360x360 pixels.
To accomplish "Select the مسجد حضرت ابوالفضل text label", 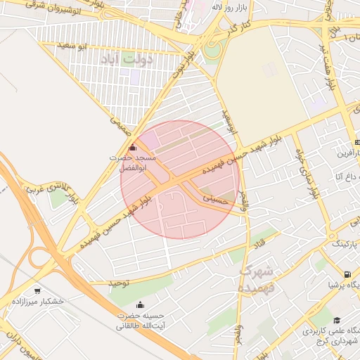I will pyautogui.click(x=127, y=163).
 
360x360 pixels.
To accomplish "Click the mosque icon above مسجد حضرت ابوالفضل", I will pyautogui.click(x=133, y=147).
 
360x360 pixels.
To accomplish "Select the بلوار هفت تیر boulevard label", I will pyautogui.click(x=329, y=67).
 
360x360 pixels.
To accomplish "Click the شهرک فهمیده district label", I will pyautogui.click(x=260, y=279).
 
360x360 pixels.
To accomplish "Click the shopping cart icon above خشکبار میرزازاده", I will pyautogui.click(x=37, y=290).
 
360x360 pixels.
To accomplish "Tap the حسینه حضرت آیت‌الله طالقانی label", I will pyautogui.click(x=141, y=321).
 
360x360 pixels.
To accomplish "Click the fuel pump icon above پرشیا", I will pyautogui.click(x=347, y=274).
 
